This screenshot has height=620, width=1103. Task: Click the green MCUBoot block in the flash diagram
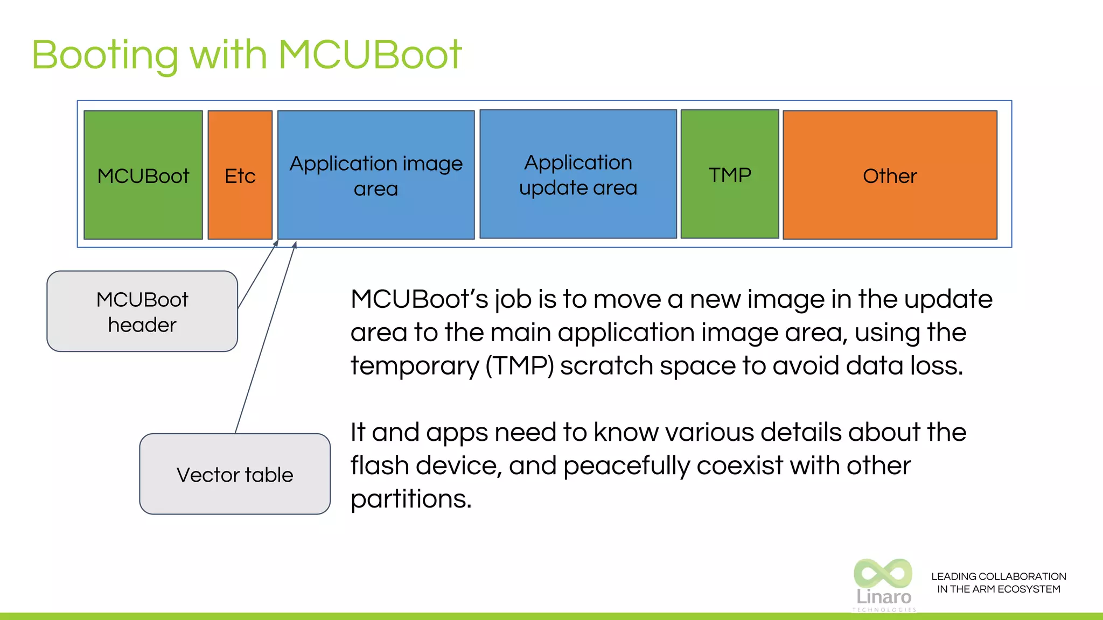click(143, 175)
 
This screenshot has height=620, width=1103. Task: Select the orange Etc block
click(240, 175)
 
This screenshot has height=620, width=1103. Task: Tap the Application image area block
click(376, 175)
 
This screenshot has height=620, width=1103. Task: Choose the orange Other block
click(890, 175)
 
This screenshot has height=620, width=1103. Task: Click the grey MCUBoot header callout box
click(142, 312)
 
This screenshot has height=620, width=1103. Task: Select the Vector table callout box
click(235, 474)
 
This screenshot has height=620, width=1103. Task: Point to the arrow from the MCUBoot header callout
click(257, 274)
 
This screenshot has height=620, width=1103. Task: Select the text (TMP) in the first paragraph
click(519, 366)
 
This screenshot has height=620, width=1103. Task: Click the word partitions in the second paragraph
click(411, 499)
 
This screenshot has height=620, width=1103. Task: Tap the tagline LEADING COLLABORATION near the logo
click(999, 576)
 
